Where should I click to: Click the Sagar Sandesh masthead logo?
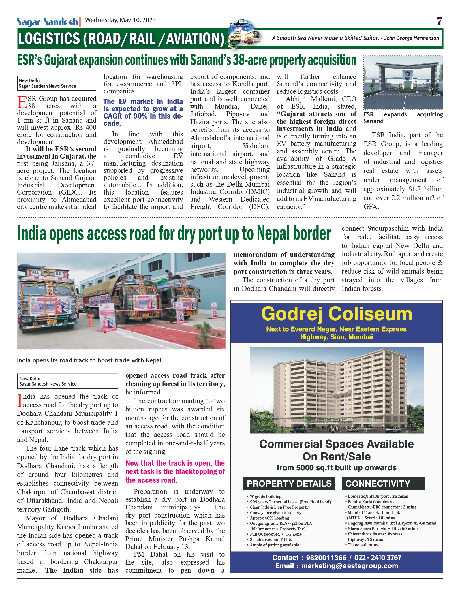coord(47,22)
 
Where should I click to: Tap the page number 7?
coord(439,21)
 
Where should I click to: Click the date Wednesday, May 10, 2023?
coord(120,20)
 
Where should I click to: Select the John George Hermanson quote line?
coord(355,38)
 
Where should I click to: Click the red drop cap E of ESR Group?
coord(22,102)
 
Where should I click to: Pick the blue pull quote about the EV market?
coord(143,112)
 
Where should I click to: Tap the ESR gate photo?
coord(403,82)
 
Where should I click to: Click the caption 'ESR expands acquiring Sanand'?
coord(403,118)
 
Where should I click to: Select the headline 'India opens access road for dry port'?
coord(174,233)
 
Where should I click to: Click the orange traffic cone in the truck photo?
coord(92,320)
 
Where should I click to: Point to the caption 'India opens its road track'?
coord(89,360)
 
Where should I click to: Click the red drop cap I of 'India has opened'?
coord(20,401)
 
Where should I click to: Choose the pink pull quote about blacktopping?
coord(175,471)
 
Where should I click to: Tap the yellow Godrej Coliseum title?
coord(336,314)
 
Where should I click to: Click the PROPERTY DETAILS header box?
coord(289,484)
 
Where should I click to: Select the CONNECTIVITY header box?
coord(383,484)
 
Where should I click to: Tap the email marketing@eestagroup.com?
coord(350,566)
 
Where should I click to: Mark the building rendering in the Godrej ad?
coord(336,390)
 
